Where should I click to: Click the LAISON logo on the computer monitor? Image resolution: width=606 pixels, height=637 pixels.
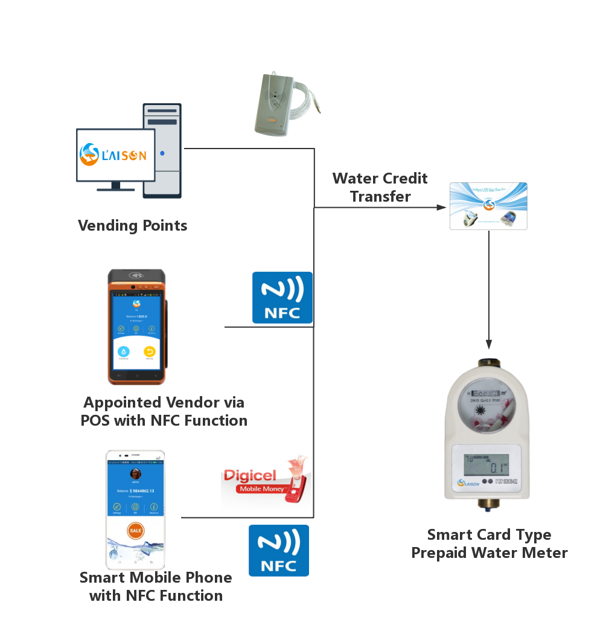pos(114,154)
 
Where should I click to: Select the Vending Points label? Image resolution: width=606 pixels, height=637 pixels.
pos(132,226)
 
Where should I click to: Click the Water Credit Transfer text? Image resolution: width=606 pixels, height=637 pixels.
pos(380,187)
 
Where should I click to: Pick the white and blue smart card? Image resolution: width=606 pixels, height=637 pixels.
pos(489,206)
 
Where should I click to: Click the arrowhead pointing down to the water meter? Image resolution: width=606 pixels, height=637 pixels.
pos(489,344)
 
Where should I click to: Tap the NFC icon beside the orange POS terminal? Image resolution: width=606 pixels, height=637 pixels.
pos(282,297)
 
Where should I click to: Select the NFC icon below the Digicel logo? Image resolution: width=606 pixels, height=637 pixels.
pos(279,550)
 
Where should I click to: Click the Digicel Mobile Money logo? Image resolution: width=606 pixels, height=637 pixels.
pos(266,479)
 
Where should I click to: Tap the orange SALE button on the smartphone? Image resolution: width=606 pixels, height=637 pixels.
pos(136,530)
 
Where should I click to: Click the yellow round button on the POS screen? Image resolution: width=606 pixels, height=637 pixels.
pos(149,351)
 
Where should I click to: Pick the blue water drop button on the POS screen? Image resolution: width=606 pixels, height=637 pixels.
pos(123,351)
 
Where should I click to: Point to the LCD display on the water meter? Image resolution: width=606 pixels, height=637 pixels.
pos(486,464)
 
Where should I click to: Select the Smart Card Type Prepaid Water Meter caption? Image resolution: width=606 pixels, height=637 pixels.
pos(490,543)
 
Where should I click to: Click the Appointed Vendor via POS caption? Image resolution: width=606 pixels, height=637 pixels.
pos(164,411)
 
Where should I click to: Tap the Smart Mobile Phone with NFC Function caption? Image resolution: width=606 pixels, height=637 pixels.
pos(156,586)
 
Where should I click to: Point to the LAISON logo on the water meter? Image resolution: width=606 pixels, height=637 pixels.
pos(468,482)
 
